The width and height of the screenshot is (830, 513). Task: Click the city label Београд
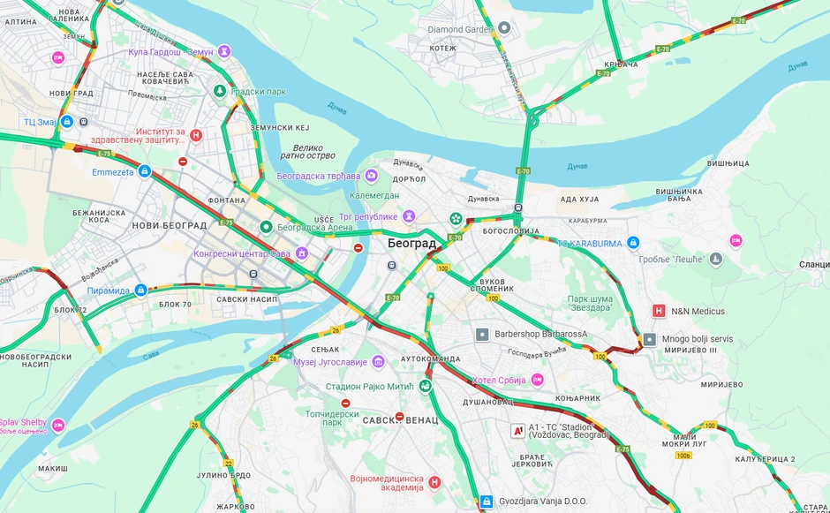[x=411, y=243]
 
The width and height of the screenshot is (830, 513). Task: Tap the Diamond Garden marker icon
[x=504, y=28]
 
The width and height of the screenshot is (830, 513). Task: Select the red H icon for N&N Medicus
[x=658, y=311]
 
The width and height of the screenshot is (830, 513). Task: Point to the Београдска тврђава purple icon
[x=372, y=176]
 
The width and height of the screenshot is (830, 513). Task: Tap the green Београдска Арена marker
[x=266, y=227]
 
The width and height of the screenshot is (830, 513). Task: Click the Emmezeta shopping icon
[x=145, y=171]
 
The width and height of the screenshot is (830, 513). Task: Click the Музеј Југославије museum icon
[x=379, y=361]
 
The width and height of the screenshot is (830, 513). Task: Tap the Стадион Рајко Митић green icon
[x=426, y=386]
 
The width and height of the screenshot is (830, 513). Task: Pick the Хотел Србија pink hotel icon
[x=537, y=380]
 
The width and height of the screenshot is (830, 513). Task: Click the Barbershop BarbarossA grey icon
[x=482, y=335]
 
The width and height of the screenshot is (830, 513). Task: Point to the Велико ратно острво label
[x=302, y=153]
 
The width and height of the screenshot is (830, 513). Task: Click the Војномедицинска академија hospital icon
[x=434, y=482]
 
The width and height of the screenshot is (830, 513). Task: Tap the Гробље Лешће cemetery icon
[x=716, y=259]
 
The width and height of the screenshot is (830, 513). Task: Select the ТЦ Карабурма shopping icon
[x=632, y=243]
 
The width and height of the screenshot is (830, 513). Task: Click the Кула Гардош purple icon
[x=225, y=52]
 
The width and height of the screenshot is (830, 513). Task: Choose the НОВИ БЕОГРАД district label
[x=169, y=225]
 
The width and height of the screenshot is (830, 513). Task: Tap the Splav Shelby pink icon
[x=58, y=426]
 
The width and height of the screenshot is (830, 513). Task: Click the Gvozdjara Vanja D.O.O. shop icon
[x=486, y=502]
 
